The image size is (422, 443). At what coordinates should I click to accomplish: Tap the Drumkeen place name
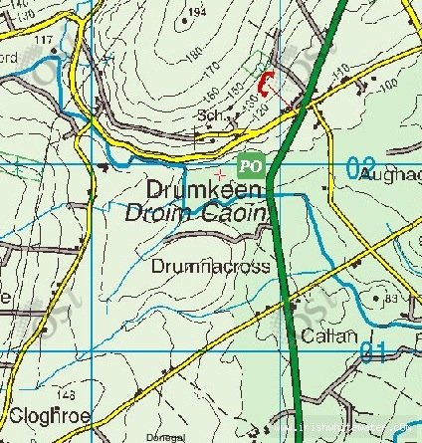[205, 189]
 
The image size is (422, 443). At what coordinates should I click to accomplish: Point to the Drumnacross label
[198, 267]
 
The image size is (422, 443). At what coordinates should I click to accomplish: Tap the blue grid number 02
[361, 169]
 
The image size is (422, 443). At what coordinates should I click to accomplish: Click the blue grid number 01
[372, 351]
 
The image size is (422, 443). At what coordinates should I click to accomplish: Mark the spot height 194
[197, 12]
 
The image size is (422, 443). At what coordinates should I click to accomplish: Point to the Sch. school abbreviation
[207, 116]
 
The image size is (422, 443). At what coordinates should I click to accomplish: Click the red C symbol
[266, 86]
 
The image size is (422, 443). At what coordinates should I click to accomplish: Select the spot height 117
[43, 39]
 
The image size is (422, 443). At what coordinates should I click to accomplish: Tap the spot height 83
[390, 298]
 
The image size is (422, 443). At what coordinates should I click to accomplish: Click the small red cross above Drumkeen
[219, 174]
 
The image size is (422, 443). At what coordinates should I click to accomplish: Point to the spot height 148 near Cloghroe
[68, 392]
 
